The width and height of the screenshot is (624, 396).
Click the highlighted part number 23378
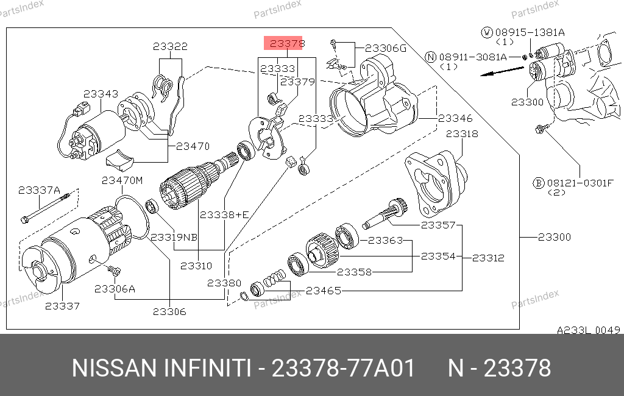click(x=288, y=43)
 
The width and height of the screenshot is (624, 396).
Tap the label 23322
click(x=171, y=46)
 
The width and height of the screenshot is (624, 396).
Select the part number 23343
click(x=101, y=94)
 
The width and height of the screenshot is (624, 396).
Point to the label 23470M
click(x=122, y=181)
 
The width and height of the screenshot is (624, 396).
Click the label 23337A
click(x=39, y=190)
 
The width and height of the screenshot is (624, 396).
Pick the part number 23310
click(x=196, y=266)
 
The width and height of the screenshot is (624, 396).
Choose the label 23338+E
click(x=224, y=215)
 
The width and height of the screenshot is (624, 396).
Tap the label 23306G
click(x=386, y=49)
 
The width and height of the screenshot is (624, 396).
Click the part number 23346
click(x=455, y=118)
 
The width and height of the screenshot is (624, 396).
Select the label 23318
click(x=462, y=133)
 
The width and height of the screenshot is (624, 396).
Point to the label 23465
click(x=324, y=291)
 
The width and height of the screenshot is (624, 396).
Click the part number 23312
click(x=488, y=258)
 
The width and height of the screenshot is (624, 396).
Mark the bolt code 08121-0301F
click(x=580, y=183)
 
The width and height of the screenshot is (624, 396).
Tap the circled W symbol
click(x=487, y=32)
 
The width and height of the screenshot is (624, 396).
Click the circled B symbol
click(x=539, y=183)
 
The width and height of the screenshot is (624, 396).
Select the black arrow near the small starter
click(x=502, y=71)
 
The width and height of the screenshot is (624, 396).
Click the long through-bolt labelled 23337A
click(x=45, y=208)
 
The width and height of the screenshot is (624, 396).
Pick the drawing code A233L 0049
click(x=588, y=330)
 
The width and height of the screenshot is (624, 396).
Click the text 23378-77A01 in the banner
click(x=343, y=368)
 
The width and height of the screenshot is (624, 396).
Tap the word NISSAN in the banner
click(x=114, y=368)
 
